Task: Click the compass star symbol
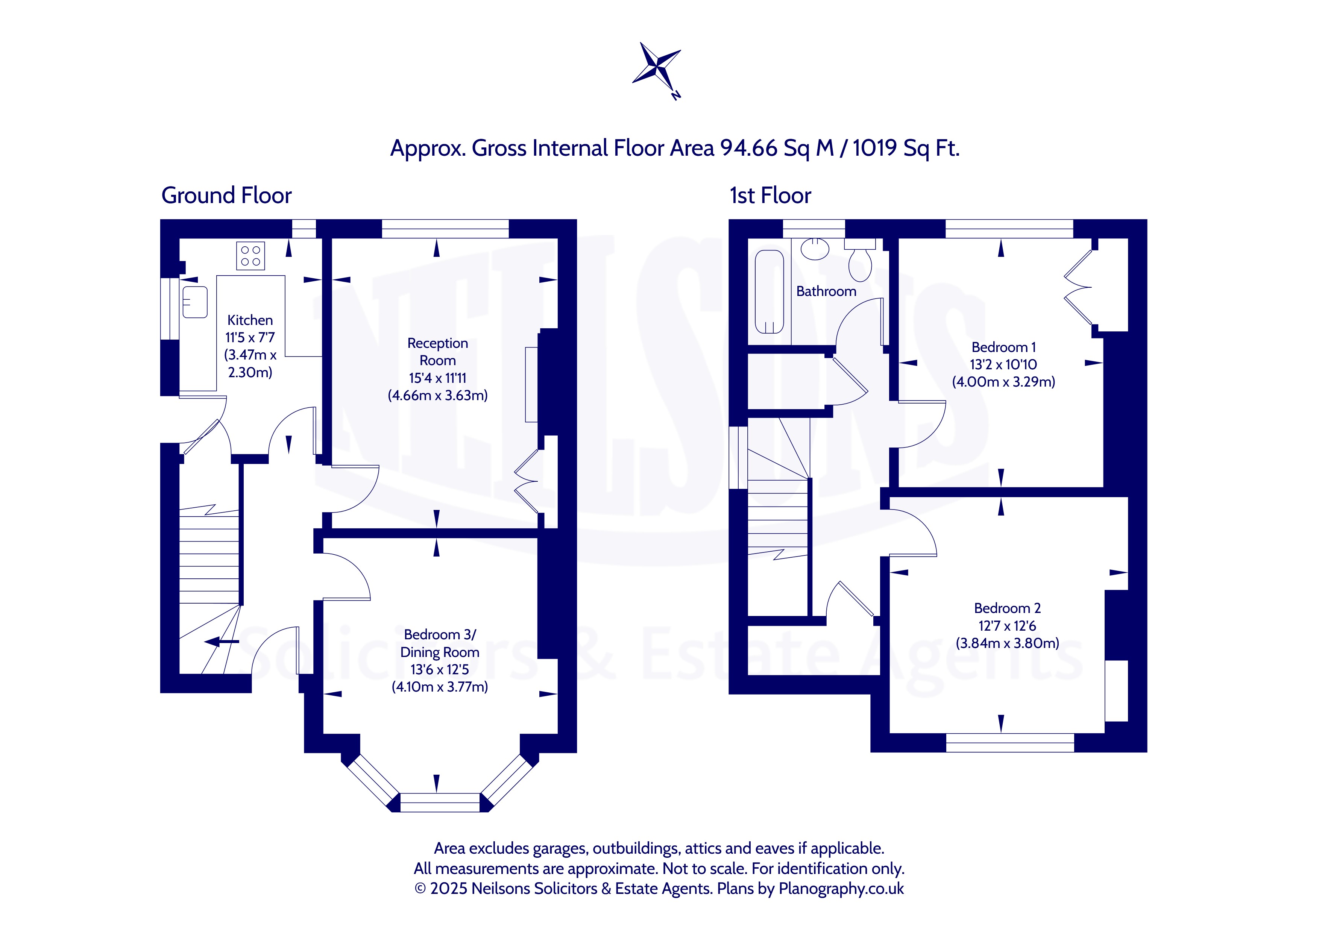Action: pyautogui.click(x=657, y=66)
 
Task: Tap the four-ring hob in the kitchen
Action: pyautogui.click(x=250, y=256)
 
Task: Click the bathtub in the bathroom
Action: pyautogui.click(x=769, y=292)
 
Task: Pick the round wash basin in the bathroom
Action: pyautogui.click(x=815, y=249)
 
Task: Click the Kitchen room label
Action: pyautogui.click(x=250, y=320)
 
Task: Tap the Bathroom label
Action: pyautogui.click(x=826, y=291)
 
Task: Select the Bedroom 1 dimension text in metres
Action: pyautogui.click(x=1003, y=381)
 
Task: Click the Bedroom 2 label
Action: pyautogui.click(x=1008, y=608)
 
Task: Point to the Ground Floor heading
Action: pyautogui.click(x=226, y=195)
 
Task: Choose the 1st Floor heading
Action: pyautogui.click(x=770, y=195)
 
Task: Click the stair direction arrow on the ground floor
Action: pyautogui.click(x=222, y=642)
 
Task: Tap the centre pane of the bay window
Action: pyautogui.click(x=439, y=802)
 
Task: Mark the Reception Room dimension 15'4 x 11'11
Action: pyautogui.click(x=438, y=378)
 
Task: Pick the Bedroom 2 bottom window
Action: pyautogui.click(x=1010, y=742)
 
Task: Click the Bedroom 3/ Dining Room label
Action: pyautogui.click(x=440, y=643)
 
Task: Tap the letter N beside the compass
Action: pyautogui.click(x=676, y=96)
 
